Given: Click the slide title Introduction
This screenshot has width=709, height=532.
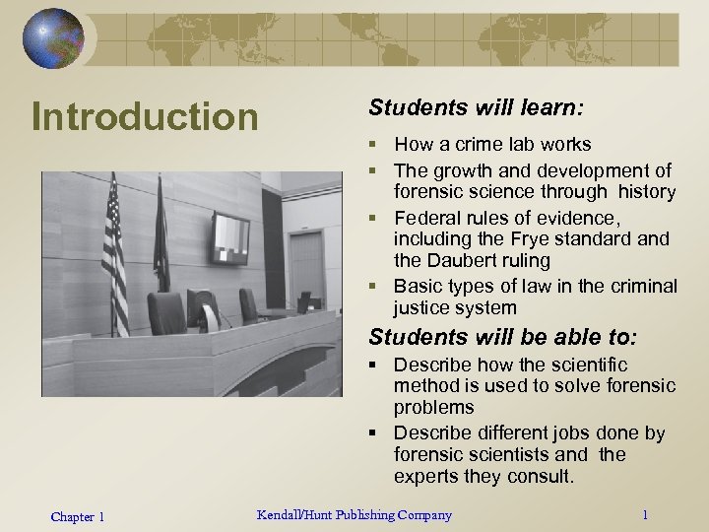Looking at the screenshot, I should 144,116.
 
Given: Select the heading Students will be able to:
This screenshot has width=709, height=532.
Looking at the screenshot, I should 502,337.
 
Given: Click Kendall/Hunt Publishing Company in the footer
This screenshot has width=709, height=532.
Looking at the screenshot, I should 354,514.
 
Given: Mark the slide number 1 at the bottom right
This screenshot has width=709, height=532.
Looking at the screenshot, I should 644,515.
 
